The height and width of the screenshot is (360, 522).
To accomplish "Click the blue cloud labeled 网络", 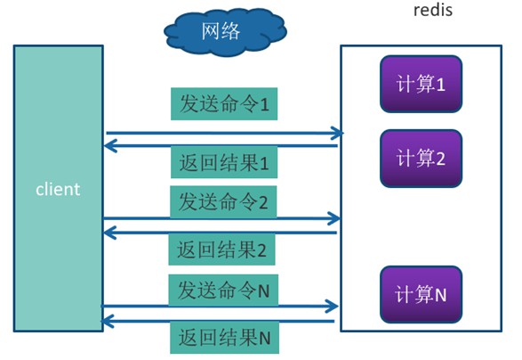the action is click(225, 32).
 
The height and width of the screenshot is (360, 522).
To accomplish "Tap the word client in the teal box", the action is click(58, 189).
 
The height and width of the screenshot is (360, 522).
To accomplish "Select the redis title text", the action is click(433, 9).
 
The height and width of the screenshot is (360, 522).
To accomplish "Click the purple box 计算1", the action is click(422, 84).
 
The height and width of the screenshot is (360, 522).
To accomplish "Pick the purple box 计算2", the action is click(422, 158).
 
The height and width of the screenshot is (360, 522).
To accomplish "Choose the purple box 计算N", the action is click(422, 294).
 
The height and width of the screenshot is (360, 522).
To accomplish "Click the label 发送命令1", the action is click(224, 103).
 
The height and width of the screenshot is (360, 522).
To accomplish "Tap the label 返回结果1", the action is click(224, 162).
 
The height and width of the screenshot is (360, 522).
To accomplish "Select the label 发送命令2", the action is click(223, 202).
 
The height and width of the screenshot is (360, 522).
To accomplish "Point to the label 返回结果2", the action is click(221, 250).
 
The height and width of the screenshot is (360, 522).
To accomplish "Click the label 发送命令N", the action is click(223, 290).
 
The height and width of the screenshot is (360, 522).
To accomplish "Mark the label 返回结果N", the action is click(225, 338).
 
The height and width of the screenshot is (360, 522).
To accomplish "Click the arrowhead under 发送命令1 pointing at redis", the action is click(337, 133).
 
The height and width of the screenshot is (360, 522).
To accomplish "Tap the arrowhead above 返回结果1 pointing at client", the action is click(110, 146).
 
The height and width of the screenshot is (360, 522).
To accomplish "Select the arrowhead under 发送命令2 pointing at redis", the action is click(334, 218).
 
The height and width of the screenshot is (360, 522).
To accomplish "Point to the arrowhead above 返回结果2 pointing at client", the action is click(110, 233).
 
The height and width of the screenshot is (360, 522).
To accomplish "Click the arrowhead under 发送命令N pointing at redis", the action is click(332, 307).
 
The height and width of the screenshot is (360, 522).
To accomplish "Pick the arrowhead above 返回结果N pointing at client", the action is click(108, 322).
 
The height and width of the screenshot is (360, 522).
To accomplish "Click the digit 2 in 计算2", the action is click(440, 159).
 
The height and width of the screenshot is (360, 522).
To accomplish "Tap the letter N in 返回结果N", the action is click(265, 339).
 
